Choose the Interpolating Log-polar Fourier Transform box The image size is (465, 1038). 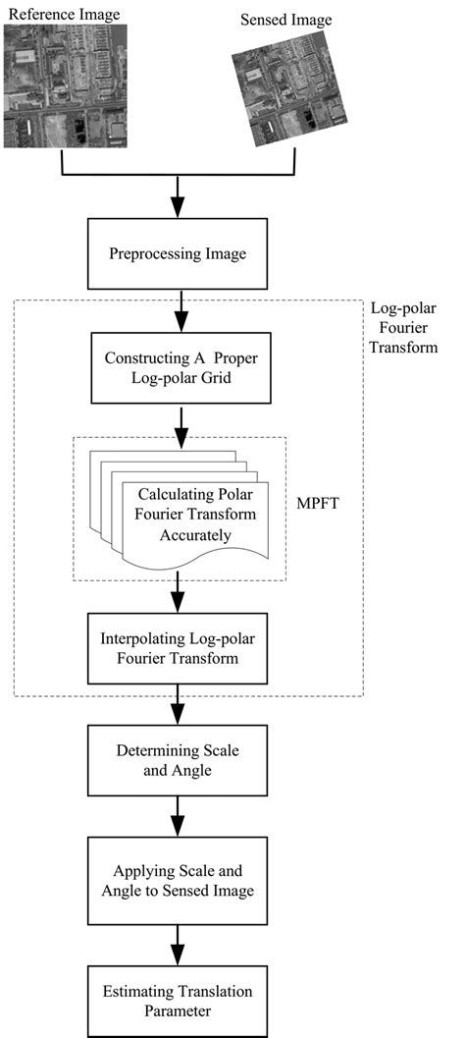point(178,648)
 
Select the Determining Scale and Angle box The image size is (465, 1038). point(178,759)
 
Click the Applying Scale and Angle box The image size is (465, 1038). point(178,871)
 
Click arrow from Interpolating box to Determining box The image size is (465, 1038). point(178,704)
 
